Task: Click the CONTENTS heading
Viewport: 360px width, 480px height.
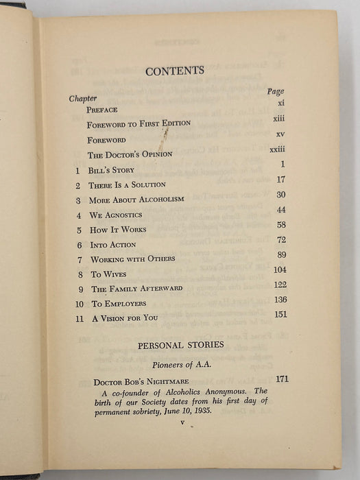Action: click(x=175, y=70)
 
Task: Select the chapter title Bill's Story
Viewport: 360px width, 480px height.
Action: click(x=111, y=169)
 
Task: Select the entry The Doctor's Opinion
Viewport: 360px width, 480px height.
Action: click(x=129, y=154)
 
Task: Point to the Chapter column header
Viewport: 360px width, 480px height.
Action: click(x=83, y=98)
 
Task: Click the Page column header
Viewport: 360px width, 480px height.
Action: click(x=276, y=91)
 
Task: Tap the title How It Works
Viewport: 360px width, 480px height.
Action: click(x=117, y=230)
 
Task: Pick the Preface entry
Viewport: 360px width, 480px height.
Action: click(x=102, y=110)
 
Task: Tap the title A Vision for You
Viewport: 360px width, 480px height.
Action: click(x=129, y=318)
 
